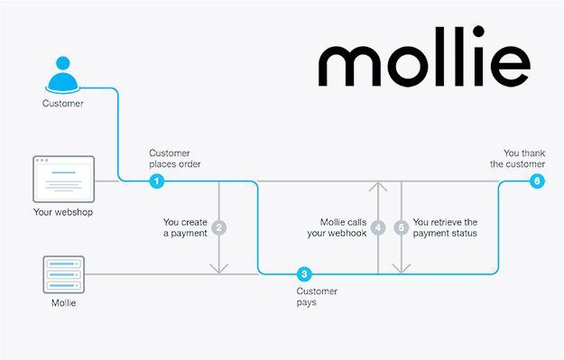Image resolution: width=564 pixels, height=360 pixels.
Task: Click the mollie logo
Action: coord(423,63)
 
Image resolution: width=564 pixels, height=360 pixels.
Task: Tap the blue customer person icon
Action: coord(61,78)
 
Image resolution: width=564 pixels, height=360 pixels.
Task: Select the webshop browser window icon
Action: coord(63,178)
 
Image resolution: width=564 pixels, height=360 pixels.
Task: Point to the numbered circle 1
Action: coord(157,181)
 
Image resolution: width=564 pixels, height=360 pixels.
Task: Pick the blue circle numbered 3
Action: coord(305,273)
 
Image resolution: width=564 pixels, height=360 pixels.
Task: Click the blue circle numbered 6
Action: coord(538,181)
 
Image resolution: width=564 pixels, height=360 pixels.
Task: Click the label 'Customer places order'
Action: coord(175,159)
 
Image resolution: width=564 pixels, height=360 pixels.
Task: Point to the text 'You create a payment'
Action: coord(185,226)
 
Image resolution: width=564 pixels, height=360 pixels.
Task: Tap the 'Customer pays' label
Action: coord(317,297)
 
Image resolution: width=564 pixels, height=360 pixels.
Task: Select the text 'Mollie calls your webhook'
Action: coord(340,227)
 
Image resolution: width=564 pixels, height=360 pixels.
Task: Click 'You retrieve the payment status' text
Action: coord(444,227)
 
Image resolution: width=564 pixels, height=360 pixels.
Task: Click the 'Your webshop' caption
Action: coord(62,213)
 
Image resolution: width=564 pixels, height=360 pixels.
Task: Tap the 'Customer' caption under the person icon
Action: coord(61,104)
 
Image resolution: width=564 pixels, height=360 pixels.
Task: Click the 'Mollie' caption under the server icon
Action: coord(62,303)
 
